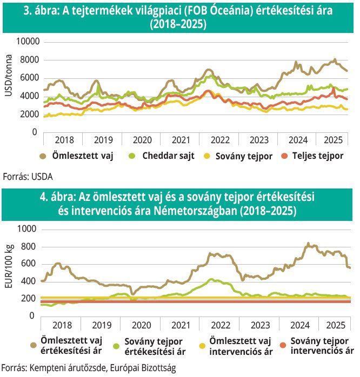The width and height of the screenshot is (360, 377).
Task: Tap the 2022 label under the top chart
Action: (220, 139)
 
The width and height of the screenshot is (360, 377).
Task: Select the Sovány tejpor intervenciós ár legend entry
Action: (318, 345)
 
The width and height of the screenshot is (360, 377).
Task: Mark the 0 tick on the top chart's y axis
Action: (35, 131)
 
